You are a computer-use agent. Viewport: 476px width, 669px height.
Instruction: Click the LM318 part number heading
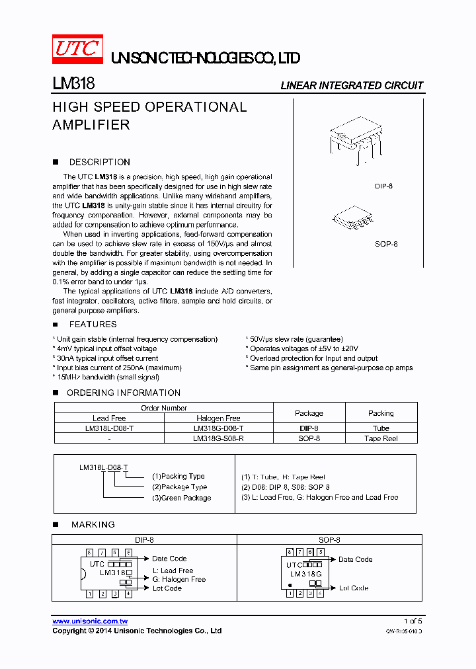click(x=73, y=84)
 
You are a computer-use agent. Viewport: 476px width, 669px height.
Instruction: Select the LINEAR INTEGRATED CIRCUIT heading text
click(x=352, y=85)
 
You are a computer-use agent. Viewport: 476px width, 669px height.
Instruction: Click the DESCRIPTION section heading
click(x=99, y=162)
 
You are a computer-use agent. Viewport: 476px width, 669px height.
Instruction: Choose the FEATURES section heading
click(x=93, y=325)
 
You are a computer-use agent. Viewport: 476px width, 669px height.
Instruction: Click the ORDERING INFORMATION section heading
click(x=123, y=393)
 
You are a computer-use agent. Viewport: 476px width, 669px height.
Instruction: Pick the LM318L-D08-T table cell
click(x=109, y=428)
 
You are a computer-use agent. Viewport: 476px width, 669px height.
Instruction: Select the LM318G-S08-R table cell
click(x=218, y=438)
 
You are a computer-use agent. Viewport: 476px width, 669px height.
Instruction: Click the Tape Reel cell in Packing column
click(x=381, y=438)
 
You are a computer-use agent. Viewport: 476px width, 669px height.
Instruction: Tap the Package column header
click(x=309, y=413)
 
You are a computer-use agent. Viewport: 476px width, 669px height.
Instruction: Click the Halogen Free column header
click(x=218, y=418)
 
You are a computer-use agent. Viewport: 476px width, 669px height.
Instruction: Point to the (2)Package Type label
click(x=179, y=487)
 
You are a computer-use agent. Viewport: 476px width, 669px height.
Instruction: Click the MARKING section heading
click(x=93, y=524)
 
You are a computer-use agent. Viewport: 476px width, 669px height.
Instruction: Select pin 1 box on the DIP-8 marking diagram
click(x=89, y=594)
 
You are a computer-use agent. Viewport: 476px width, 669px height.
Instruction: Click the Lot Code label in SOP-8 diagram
click(x=354, y=588)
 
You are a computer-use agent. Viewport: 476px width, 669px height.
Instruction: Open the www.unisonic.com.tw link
click(x=90, y=621)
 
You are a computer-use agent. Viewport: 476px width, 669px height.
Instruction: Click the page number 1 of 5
click(x=413, y=621)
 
